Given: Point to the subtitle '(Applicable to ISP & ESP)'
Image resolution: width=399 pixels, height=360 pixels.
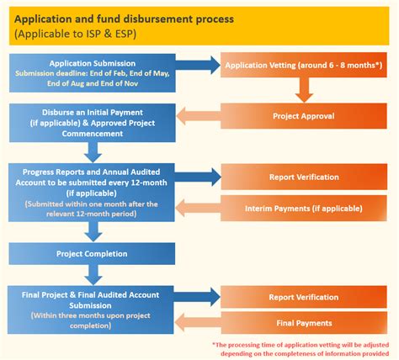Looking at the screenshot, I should pos(76,34).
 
